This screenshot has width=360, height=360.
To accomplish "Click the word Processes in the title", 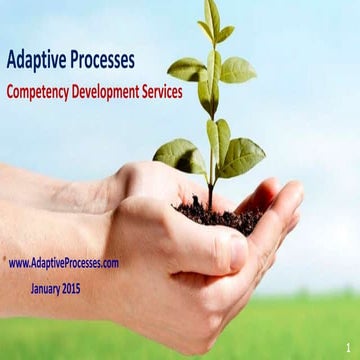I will click(x=100, y=60).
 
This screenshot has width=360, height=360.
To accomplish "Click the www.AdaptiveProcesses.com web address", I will click(x=64, y=263).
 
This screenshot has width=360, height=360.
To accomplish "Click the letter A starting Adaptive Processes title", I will click(x=12, y=60).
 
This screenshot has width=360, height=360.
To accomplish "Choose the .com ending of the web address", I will click(x=109, y=263).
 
